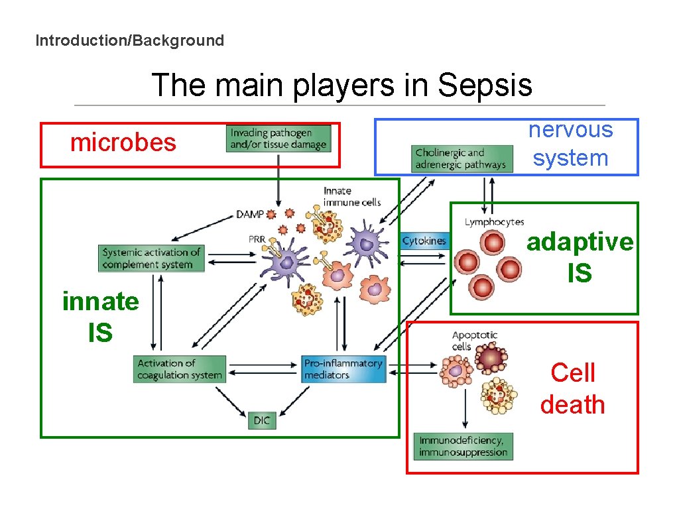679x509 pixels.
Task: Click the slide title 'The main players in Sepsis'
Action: click(341, 85)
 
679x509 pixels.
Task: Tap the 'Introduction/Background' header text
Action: click(130, 40)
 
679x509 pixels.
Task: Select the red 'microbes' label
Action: click(123, 142)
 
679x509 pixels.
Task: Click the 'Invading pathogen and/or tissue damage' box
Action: click(278, 139)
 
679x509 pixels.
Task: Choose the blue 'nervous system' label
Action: click(570, 144)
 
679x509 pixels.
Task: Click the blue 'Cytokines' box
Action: click(424, 241)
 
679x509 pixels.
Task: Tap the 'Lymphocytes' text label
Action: click(494, 222)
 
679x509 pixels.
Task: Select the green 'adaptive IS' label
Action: click(580, 257)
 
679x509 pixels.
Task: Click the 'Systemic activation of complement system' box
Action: click(152, 258)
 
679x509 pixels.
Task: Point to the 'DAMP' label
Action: click(249, 214)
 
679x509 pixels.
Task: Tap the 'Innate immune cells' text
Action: click(351, 196)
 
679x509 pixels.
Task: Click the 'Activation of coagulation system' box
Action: click(179, 369)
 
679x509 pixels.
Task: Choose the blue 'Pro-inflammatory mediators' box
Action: click(343, 369)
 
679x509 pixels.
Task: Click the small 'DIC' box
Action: click(262, 421)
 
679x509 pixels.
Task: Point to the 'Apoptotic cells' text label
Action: click(474, 341)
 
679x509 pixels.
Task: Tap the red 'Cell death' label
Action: click(573, 388)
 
